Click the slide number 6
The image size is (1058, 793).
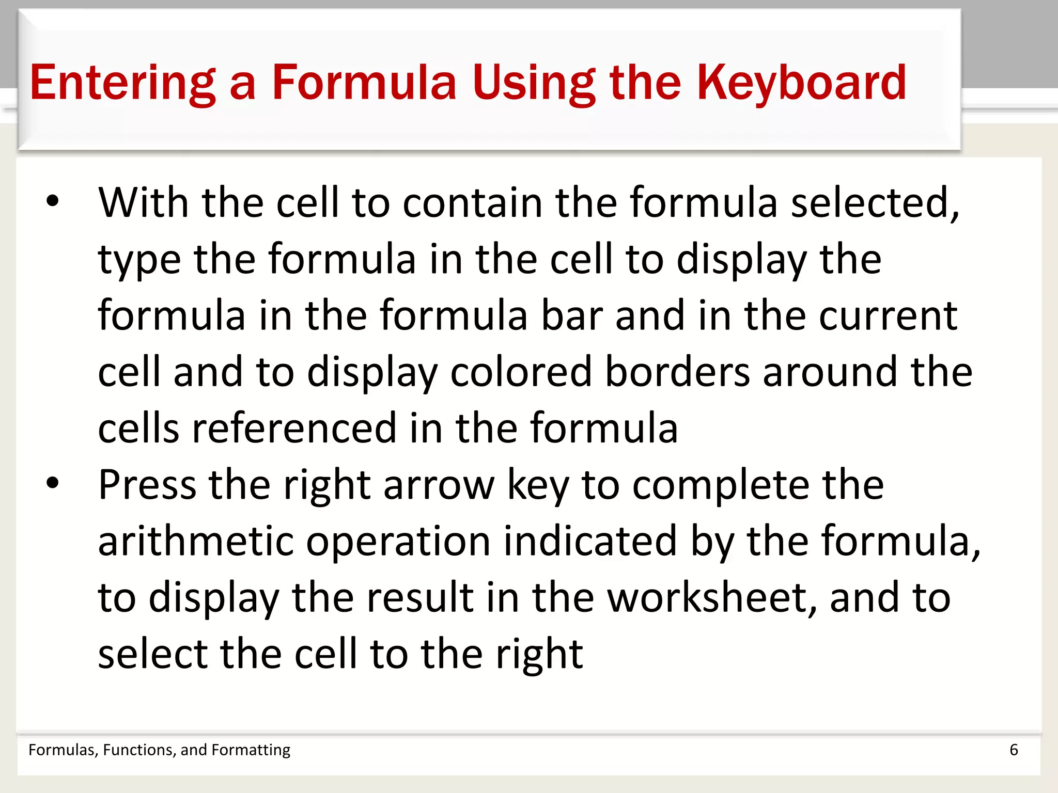1014,750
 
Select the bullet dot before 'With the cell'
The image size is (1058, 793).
53,202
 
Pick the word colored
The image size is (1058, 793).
521,372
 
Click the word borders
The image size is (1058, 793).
677,372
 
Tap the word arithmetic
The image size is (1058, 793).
196,541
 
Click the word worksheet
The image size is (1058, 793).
712,597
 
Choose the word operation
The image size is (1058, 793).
398,541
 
